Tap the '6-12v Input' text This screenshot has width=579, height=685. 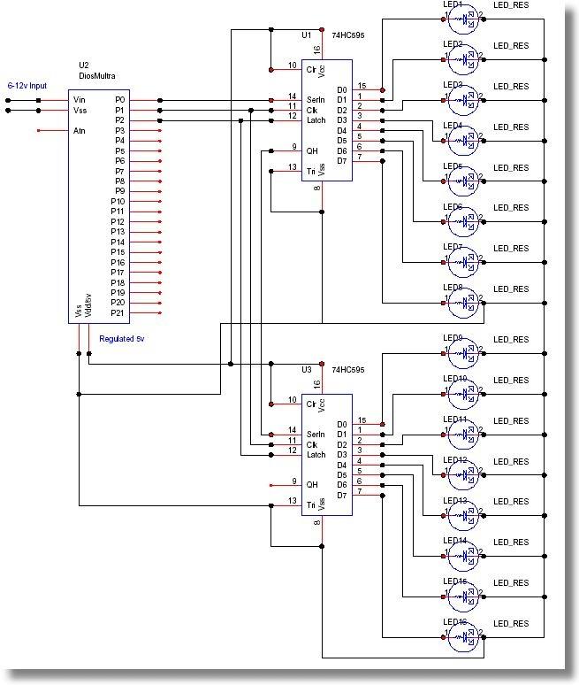coord(27,87)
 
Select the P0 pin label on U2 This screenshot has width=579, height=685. coord(120,100)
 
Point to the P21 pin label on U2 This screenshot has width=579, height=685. coord(118,312)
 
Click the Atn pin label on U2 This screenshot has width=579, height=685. coord(80,131)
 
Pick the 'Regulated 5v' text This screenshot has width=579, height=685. coord(122,338)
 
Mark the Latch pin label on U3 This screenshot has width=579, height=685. coord(316,454)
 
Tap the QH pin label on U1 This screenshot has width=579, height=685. coord(311,148)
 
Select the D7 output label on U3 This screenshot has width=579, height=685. coord(342,495)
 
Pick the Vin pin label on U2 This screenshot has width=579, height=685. coord(80,100)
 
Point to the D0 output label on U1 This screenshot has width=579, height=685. coord(342,89)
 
